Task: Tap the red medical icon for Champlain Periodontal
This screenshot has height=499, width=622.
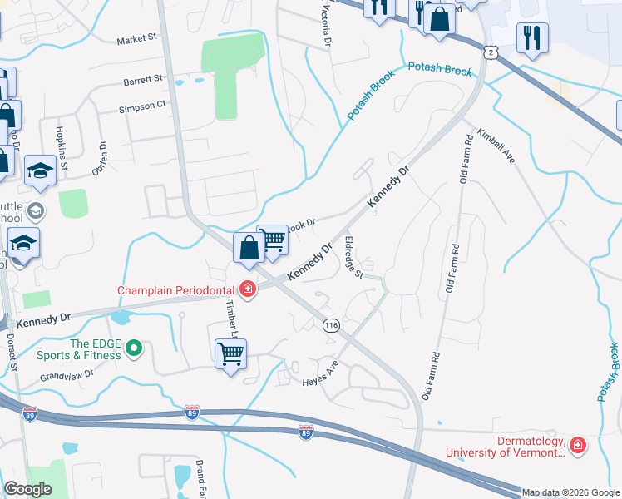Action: [247, 290]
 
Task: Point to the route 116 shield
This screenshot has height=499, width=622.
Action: [333, 324]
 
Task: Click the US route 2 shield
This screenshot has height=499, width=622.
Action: [492, 52]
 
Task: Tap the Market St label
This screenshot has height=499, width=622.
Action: [136, 39]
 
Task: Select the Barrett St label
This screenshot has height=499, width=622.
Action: [142, 80]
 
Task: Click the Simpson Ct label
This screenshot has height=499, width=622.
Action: [142, 106]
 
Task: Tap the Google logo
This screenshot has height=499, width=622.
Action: [27, 489]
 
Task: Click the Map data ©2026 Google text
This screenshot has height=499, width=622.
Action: [570, 492]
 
